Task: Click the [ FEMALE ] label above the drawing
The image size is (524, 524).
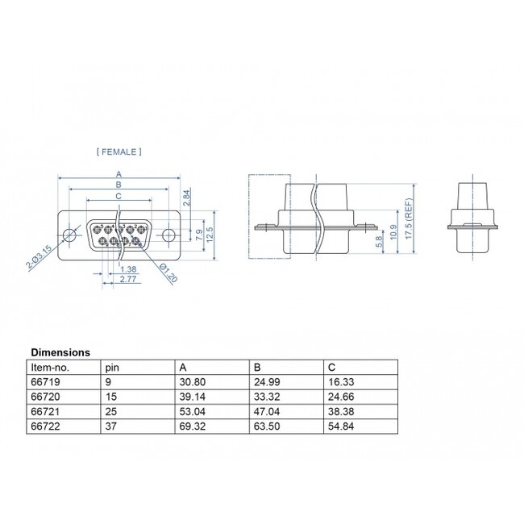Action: pyautogui.click(x=119, y=151)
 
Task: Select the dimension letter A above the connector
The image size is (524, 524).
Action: pyautogui.click(x=119, y=174)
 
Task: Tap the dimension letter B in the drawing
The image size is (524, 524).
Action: pyautogui.click(x=119, y=185)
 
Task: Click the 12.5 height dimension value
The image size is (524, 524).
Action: pyautogui.click(x=210, y=235)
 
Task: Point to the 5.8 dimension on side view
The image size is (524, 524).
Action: pyautogui.click(x=378, y=241)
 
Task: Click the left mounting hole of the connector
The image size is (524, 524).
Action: pyautogui.click(x=70, y=235)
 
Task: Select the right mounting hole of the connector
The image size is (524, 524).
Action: pyautogui.click(x=168, y=235)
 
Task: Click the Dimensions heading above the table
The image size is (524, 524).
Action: pyautogui.click(x=60, y=352)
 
